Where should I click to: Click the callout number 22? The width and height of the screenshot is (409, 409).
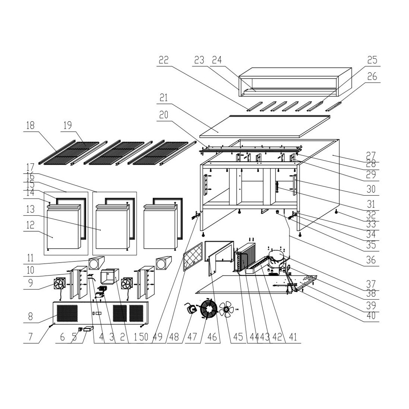tap(164, 60)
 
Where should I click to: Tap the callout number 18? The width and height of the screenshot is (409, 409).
tap(30, 125)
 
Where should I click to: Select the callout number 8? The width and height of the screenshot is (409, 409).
tap(30, 317)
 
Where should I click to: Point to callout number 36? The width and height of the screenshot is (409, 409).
tap(371, 260)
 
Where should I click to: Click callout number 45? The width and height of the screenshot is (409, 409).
tap(238, 337)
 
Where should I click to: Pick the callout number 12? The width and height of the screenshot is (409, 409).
tap(30, 225)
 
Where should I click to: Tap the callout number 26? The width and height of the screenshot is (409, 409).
tap(372, 77)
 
